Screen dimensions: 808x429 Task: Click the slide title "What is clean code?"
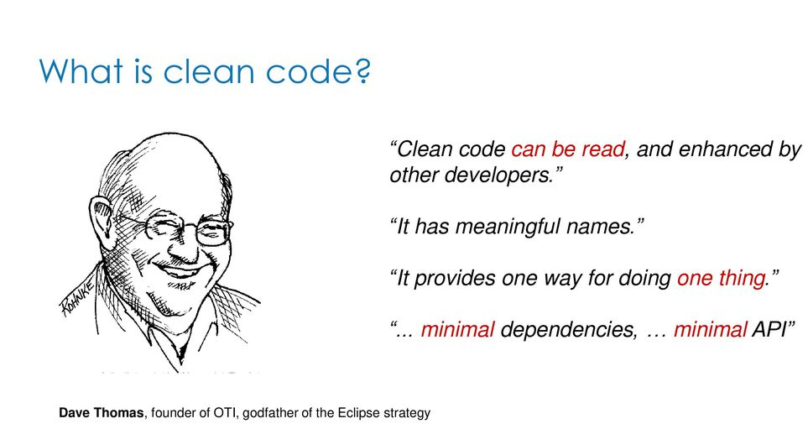tap(205, 71)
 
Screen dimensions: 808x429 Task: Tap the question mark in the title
tap(362, 71)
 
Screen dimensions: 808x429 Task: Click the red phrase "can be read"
tap(568, 149)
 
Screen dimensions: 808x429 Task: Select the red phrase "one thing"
tap(721, 279)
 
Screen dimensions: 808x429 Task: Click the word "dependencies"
tap(568, 329)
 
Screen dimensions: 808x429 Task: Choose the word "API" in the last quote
tap(769, 329)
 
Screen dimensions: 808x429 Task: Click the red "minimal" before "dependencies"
tap(457, 329)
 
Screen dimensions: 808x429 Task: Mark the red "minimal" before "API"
tap(710, 329)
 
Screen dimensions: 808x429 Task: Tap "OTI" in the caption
tap(228, 413)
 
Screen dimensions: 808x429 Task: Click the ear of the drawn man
tap(102, 218)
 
